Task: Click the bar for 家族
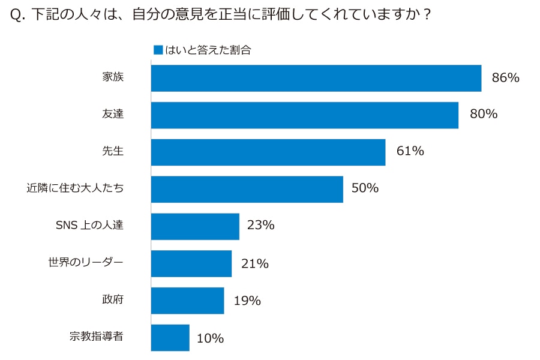pos(316,78)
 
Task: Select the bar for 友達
pos(304,115)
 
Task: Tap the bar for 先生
pos(268,152)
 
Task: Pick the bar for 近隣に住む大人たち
pos(247,189)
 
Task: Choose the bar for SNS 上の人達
pos(195,226)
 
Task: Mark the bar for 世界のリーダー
pos(191,263)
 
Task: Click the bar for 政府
pos(187,301)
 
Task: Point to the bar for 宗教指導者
pos(170,338)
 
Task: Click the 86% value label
pos(505,77)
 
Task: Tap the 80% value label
pos(484,114)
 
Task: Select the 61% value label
pos(410,151)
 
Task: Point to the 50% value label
pos(365,188)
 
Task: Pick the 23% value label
pos(261,226)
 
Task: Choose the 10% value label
pos(210,338)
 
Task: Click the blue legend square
pos(158,50)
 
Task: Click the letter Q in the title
pos(16,16)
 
